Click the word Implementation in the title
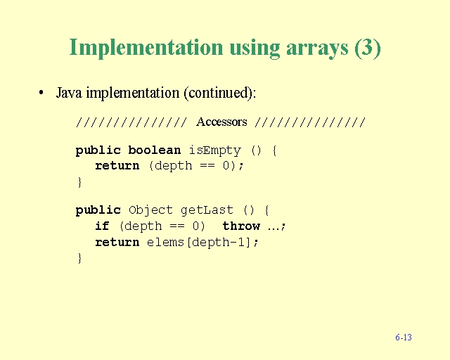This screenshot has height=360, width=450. (146, 48)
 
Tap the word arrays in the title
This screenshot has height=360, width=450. (317, 49)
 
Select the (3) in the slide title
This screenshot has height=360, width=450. (368, 48)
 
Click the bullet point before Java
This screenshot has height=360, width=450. (41, 93)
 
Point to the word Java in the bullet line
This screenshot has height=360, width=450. (69, 93)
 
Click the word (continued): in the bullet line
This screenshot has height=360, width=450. (219, 93)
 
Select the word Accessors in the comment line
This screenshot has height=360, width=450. (221, 122)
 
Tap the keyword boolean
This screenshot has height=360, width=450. (155, 150)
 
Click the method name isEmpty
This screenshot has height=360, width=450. (214, 150)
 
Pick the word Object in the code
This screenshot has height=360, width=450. (150, 210)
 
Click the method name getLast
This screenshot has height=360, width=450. (207, 210)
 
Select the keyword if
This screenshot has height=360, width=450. (102, 226)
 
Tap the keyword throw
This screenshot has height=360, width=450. (241, 226)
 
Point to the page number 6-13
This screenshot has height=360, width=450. (404, 337)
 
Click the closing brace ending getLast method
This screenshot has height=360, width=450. (79, 258)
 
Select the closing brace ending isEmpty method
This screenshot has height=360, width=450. (79, 182)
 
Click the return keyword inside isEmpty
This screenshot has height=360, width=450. (117, 166)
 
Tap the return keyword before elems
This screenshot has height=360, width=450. (117, 243)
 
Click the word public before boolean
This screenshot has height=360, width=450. (98, 150)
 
